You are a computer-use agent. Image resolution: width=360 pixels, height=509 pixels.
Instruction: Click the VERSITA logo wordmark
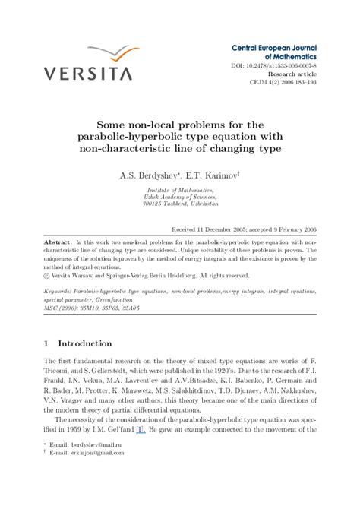(87, 73)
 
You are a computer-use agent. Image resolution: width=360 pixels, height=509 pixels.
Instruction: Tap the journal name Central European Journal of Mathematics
(274, 52)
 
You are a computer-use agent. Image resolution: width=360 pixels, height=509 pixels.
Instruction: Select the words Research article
(293, 74)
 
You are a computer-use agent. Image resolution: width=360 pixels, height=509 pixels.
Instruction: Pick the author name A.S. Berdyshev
(147, 174)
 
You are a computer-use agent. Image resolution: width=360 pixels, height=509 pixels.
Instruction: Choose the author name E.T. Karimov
(212, 174)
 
